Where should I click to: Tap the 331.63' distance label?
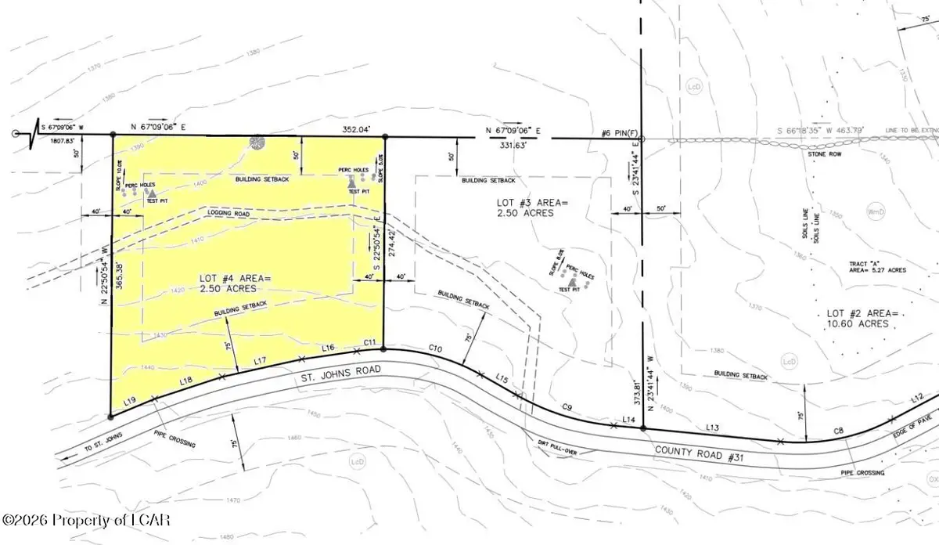(513, 146)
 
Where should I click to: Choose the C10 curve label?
(437, 348)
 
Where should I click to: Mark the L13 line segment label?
(712, 427)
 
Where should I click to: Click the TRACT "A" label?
(865, 262)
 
